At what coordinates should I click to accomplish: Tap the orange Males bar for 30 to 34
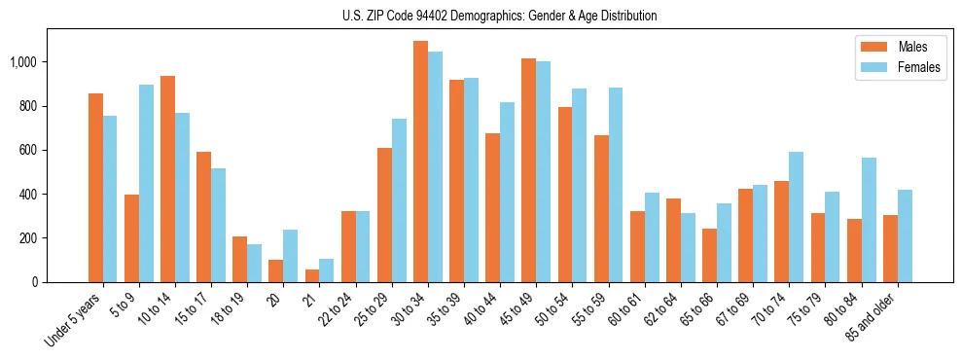click(x=420, y=162)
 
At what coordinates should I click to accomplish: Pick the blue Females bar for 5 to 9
click(x=146, y=183)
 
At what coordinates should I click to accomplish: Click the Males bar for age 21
click(x=312, y=275)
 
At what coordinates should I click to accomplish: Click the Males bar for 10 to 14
click(x=167, y=179)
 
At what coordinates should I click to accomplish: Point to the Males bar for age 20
click(x=276, y=270)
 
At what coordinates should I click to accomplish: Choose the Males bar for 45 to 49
click(x=528, y=170)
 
